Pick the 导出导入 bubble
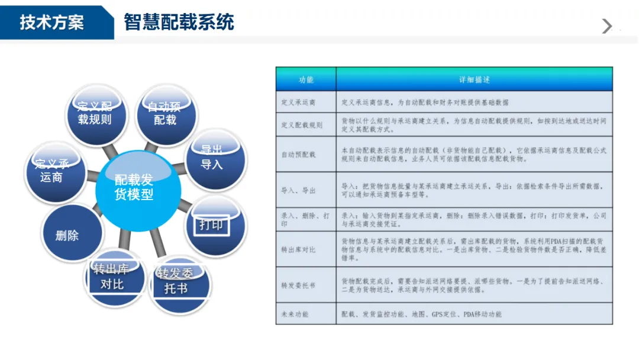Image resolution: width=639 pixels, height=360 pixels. click(212, 159)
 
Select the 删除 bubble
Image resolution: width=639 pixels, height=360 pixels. click(67, 235)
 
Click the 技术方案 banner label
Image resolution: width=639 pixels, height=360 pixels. click(52, 22)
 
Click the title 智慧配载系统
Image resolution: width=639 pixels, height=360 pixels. click(179, 22)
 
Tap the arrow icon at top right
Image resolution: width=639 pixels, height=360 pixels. click(606, 26)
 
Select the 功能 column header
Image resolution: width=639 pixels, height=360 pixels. click(306, 79)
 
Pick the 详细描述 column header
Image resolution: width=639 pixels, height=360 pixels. click(474, 79)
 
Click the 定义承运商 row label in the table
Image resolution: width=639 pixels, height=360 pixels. click(298, 102)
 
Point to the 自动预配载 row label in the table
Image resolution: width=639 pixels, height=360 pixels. click(298, 155)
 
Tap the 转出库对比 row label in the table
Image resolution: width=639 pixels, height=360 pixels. click(298, 249)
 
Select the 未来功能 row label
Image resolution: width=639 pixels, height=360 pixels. click(295, 314)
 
